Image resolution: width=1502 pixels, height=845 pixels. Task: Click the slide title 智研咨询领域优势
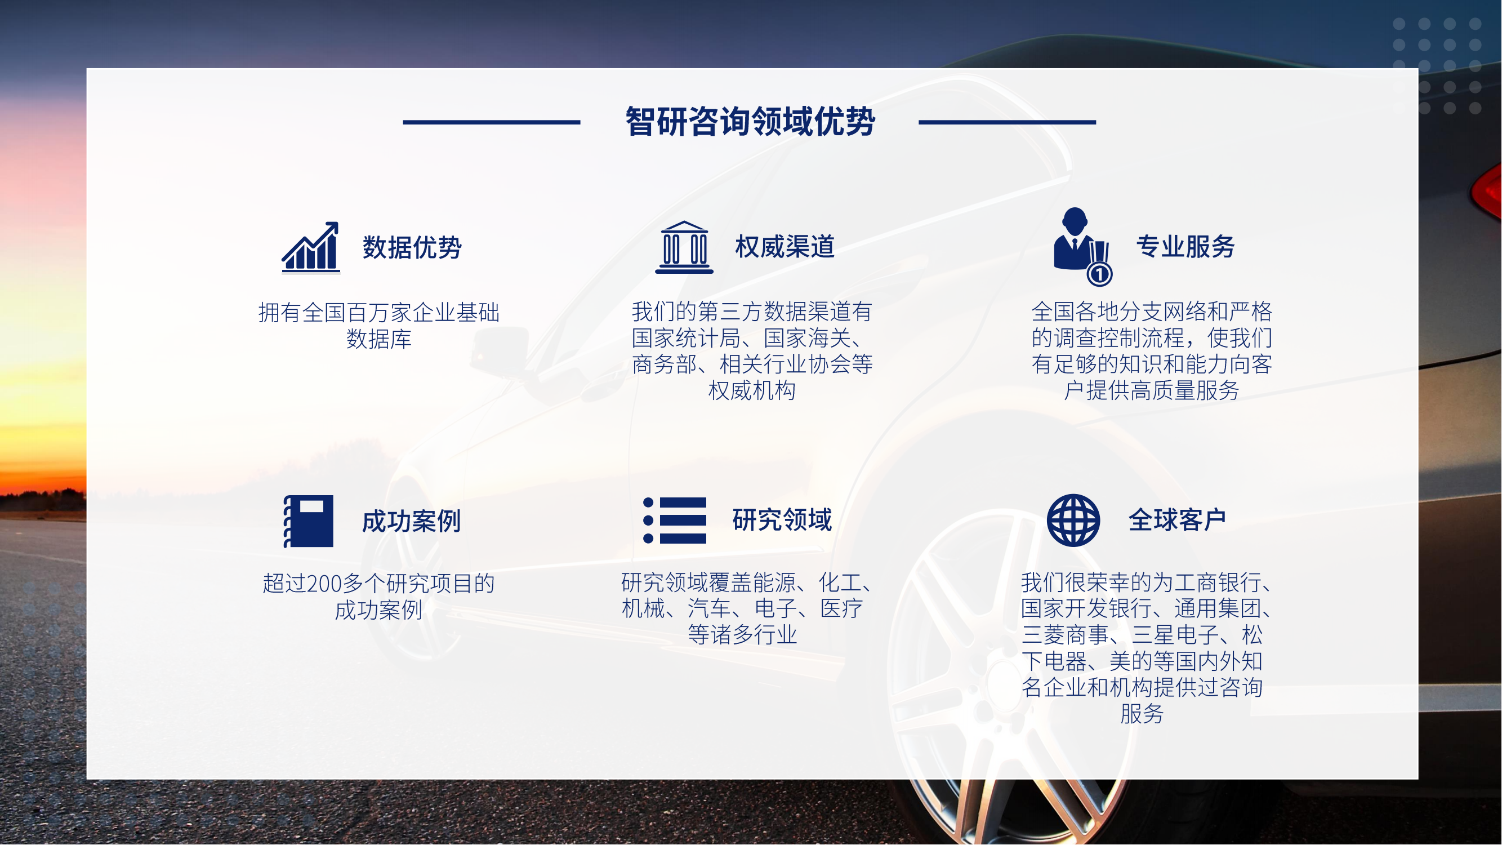coord(750,122)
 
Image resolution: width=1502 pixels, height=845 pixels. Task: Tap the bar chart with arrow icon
coord(311,247)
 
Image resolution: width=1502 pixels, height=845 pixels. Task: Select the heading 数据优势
coord(412,247)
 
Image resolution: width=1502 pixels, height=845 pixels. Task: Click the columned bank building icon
coord(684,247)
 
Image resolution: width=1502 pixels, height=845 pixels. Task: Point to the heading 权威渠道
coord(785,247)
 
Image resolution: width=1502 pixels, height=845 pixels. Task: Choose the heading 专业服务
coord(1185,247)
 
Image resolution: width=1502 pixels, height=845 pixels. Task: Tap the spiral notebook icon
coord(309,521)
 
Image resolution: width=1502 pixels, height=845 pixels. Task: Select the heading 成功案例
coord(412,521)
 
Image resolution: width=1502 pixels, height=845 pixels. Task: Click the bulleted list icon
coord(675,520)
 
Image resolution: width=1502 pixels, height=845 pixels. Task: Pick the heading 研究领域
coord(782,520)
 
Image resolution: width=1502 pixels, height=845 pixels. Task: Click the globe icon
coord(1073,520)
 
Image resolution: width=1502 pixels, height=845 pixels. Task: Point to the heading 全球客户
coord(1177,520)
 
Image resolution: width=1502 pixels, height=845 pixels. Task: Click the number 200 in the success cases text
coord(324,584)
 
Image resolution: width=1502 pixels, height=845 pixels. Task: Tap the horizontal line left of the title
coord(492,122)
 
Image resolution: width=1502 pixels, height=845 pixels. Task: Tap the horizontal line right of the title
coord(1008,122)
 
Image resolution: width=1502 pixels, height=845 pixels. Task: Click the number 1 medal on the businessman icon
coord(1100,274)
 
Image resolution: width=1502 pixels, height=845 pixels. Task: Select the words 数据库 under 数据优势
coord(379,339)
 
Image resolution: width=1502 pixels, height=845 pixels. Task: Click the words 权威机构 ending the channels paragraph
coord(752,391)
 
